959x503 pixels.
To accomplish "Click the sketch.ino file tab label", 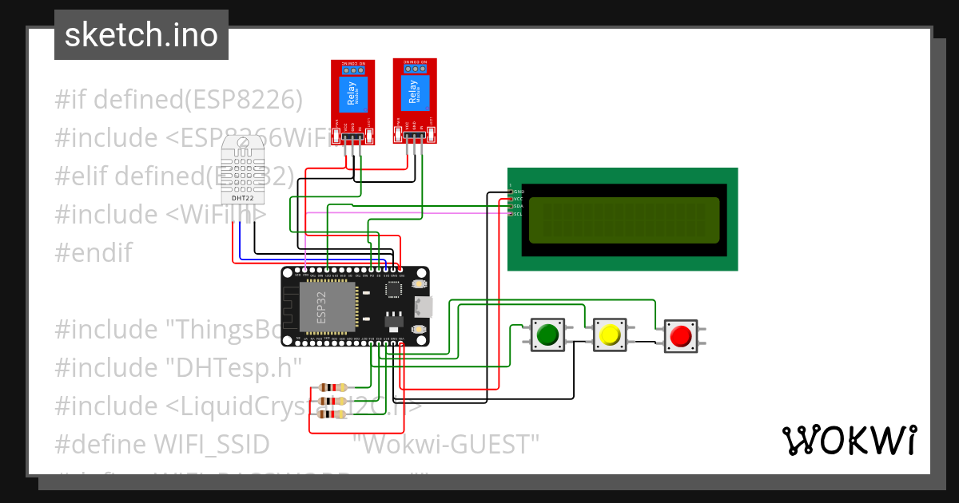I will point(141,35).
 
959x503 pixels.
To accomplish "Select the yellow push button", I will point(610,335).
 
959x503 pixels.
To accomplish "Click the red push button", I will point(681,336).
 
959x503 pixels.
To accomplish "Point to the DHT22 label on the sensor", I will point(242,198).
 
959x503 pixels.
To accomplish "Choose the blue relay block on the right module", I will point(414,92).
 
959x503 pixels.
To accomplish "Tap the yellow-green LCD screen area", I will point(623,220).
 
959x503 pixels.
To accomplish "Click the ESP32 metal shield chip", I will point(325,306).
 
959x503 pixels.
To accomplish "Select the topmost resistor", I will point(328,388).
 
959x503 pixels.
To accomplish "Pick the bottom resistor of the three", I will point(328,414).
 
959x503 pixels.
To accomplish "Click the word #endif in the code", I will point(93,253).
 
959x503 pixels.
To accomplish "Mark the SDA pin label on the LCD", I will point(518,206).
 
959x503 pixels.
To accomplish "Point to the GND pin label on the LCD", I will point(518,192).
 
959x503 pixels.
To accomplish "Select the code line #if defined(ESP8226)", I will point(179,100).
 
